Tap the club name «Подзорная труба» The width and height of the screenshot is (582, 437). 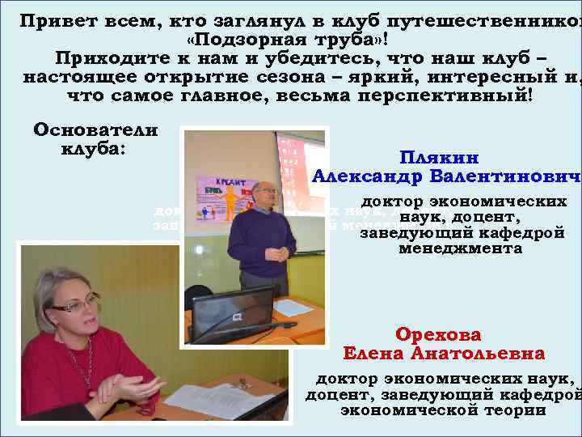(x=293, y=40)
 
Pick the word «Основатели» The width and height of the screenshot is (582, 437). (x=95, y=129)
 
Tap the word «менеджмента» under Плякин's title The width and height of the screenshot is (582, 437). (x=460, y=249)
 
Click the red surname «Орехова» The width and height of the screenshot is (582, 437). (x=438, y=334)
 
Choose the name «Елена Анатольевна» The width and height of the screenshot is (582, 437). (x=444, y=354)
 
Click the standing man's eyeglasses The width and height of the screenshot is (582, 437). (x=264, y=191)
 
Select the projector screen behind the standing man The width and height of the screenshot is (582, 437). (x=300, y=162)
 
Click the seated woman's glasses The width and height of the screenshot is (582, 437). (x=75, y=305)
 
